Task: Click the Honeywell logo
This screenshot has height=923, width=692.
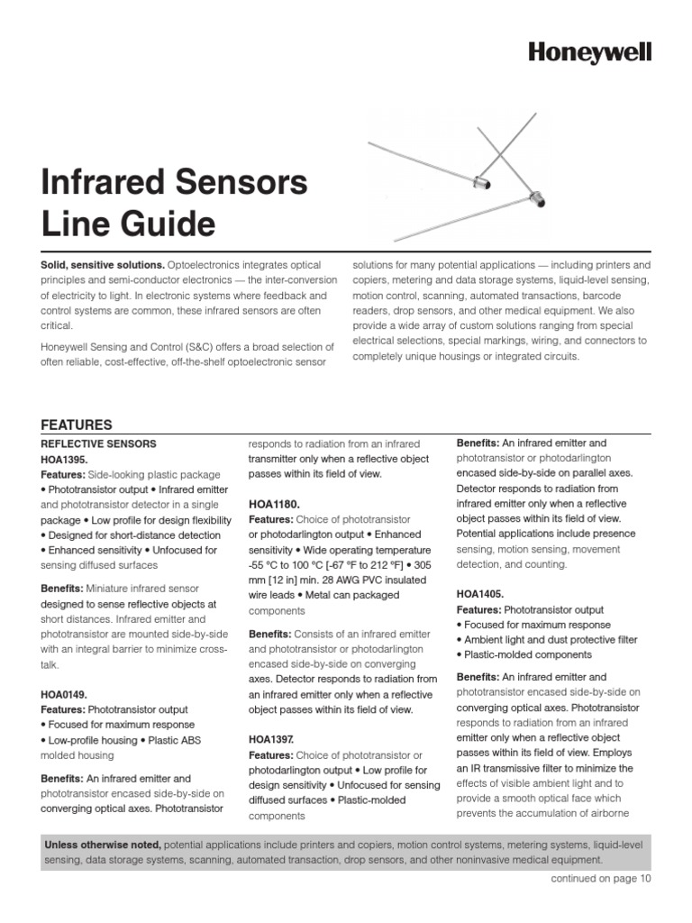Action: tap(589, 53)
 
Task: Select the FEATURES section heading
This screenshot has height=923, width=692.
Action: tap(77, 425)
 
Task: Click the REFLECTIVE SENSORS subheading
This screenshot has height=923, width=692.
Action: tap(99, 443)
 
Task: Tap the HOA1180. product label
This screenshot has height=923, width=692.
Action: tap(274, 505)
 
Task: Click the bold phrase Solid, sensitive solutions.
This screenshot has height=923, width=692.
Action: tap(102, 265)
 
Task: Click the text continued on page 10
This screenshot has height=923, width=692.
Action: tap(600, 879)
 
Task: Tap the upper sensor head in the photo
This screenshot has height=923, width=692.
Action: tap(482, 184)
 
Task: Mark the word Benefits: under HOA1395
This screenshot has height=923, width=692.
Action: tap(62, 589)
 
